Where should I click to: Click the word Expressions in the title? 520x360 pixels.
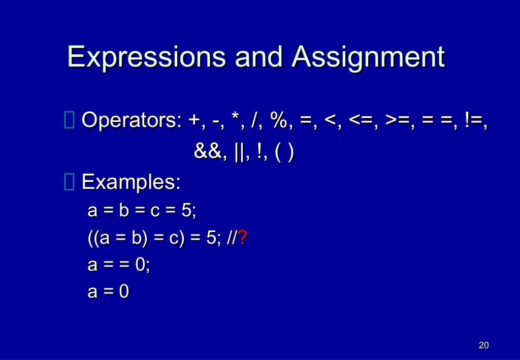click(146, 57)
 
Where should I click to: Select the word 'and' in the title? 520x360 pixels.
click(258, 57)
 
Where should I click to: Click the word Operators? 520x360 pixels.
click(131, 121)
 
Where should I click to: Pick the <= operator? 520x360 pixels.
click(362, 121)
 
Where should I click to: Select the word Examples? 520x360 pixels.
click(131, 182)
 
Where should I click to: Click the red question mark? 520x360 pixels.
click(243, 238)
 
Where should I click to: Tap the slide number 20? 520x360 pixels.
click(483, 346)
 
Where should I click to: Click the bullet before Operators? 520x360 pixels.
click(70, 121)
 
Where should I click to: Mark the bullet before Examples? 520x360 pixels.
click(70, 182)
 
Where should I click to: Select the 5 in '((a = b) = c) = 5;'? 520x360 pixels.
click(211, 238)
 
